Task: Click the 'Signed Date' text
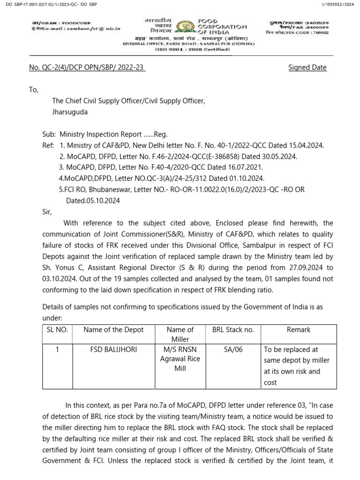click(307, 67)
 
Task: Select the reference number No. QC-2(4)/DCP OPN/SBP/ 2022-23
click(87, 67)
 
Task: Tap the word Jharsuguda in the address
click(69, 112)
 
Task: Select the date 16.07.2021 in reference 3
click(246, 167)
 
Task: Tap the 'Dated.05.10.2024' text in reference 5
click(93, 201)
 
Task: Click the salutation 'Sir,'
click(48, 211)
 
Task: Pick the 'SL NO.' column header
click(57, 330)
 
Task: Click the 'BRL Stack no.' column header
click(233, 330)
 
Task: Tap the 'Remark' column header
click(299, 330)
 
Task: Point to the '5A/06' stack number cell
click(233, 349)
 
